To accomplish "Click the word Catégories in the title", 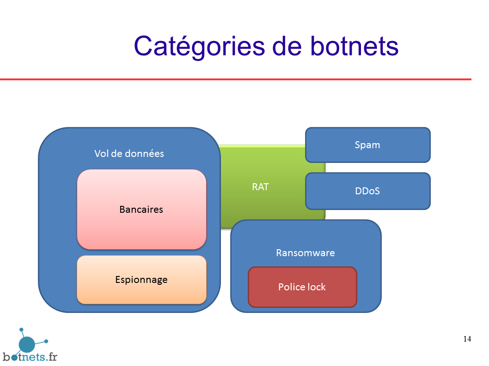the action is point(199,47).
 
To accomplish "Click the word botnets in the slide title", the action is point(355,46).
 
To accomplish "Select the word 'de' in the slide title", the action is point(287,46).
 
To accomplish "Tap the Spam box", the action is point(368,145).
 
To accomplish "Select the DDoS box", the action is point(368,191).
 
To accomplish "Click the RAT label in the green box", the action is point(260,187).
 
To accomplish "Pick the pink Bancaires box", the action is point(141,210).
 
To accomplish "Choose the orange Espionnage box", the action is point(141,280).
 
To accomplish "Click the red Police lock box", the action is point(302,287).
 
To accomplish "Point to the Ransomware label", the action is point(306,252).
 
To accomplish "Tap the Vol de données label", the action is point(129,154).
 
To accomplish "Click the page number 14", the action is point(467,339).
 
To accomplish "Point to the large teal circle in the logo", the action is point(27,344).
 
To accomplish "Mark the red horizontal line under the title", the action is point(236,79).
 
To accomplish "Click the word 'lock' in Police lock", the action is point(316,287).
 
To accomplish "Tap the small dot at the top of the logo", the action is point(21,330).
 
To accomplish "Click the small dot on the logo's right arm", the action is point(46,342).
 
